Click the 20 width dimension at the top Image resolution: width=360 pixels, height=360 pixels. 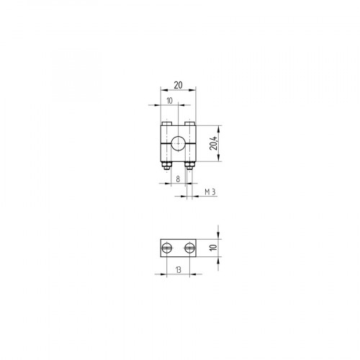point(177,84)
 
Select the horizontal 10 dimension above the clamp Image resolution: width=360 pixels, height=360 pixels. point(169,101)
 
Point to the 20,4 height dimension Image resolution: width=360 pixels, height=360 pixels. point(214,145)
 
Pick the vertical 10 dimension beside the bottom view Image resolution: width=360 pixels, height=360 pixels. point(213,247)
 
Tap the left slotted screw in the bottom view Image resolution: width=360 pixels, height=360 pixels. point(167,248)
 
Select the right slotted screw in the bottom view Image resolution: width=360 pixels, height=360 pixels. point(189,248)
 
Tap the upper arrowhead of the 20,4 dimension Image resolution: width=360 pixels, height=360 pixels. point(219,127)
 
